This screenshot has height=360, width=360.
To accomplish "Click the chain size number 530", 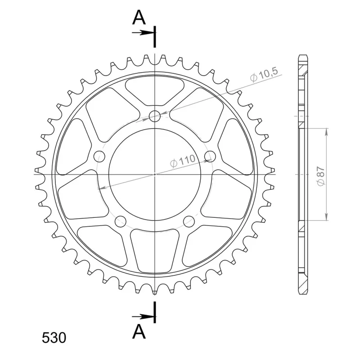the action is (54, 338).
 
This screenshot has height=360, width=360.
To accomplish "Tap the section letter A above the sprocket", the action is (139, 18).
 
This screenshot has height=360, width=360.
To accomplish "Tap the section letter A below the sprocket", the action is (139, 332).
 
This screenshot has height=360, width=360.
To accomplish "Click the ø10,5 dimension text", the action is (264, 74).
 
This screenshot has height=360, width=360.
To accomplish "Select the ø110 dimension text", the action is (183, 161).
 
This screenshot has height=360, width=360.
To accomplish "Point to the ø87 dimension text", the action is (320, 176).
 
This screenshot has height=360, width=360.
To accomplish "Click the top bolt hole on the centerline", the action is (155, 116).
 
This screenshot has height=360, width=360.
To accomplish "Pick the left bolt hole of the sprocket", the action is (99, 156).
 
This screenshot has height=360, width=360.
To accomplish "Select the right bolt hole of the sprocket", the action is (210, 156).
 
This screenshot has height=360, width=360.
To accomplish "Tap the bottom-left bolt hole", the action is (121, 221).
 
